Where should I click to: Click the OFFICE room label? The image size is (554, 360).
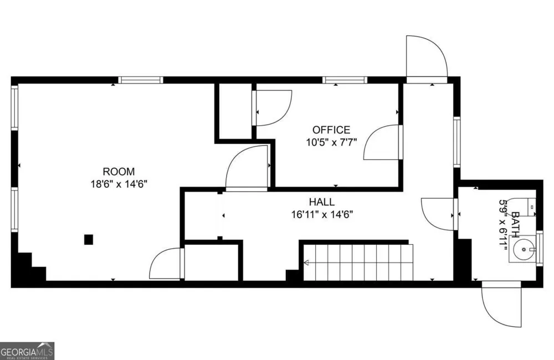coord(331,130)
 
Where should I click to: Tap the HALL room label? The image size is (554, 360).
coord(321,202)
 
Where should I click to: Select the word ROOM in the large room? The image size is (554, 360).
coord(119,172)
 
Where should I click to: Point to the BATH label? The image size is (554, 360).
coord(515,224)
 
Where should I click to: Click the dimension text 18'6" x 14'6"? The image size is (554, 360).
coord(119,184)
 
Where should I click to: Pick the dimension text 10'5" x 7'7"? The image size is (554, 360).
coord(331,142)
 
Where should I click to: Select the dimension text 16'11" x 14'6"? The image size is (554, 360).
coord(322,214)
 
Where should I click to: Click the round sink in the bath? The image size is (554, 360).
coord(524,250)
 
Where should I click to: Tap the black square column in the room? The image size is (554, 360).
coord(88,239)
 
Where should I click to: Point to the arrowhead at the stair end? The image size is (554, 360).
coord(306,263)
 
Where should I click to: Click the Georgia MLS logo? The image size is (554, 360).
coord(27,351)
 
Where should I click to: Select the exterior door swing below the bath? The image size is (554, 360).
coord(502,304)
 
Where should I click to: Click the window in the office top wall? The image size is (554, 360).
coord(345,80)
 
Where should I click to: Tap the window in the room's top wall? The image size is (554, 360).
coord(140,80)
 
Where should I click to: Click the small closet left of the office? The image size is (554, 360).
coord(235,111)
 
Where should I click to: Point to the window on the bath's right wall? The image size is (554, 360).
coord(540,248)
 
